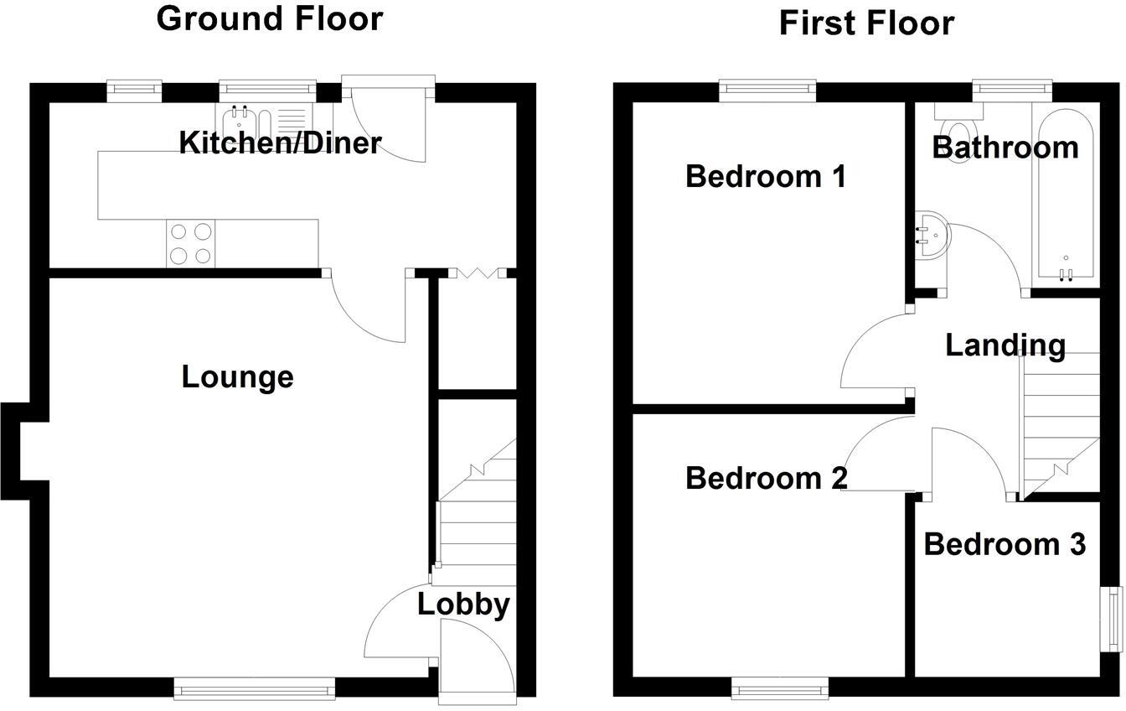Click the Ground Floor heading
[x=270, y=18]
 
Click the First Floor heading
[x=866, y=23]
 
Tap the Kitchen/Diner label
[x=281, y=143]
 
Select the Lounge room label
[x=237, y=377]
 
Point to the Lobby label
[x=463, y=604]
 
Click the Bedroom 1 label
[x=765, y=177]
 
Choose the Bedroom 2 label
[x=766, y=478]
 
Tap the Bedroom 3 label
[x=1005, y=544]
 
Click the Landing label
[x=1005, y=345]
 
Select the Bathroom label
[x=1005, y=148]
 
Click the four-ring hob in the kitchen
[x=191, y=243]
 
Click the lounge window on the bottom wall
[x=254, y=690]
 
